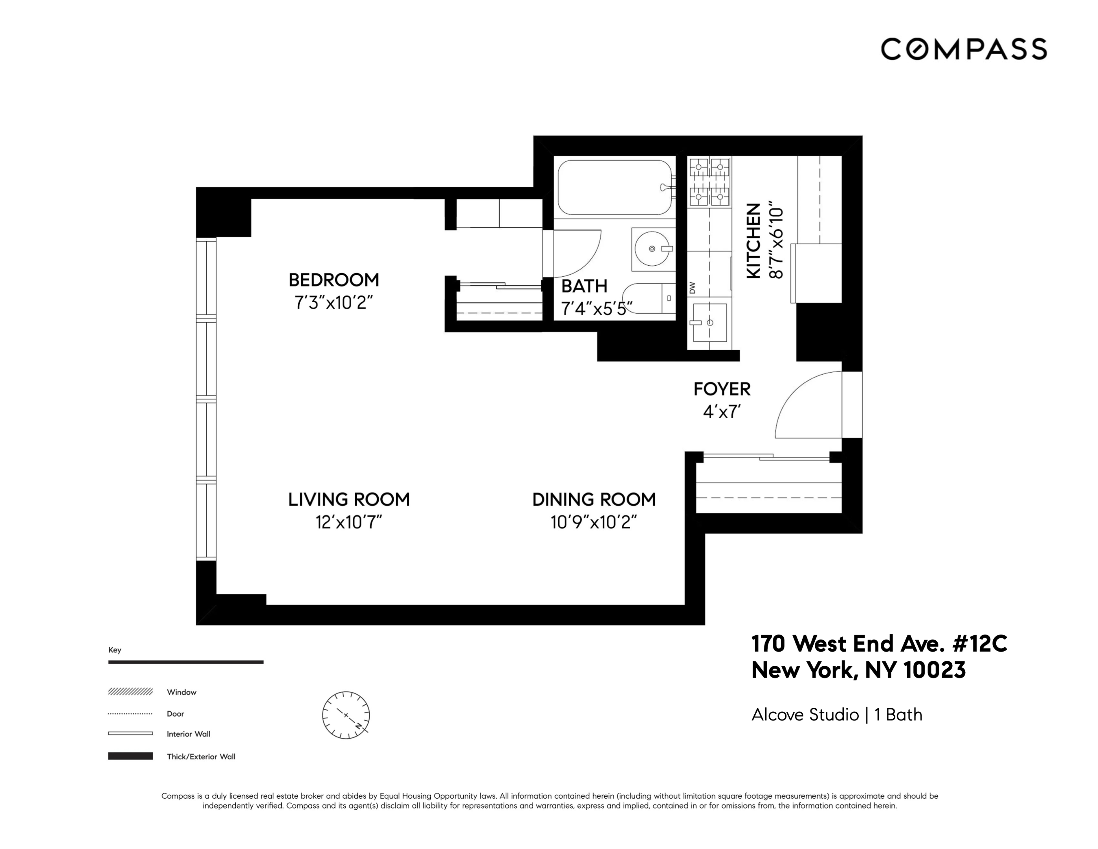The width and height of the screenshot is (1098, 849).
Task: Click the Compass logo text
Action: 963,49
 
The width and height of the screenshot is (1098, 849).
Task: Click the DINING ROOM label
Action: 594,500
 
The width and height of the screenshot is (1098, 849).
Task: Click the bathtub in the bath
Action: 614,187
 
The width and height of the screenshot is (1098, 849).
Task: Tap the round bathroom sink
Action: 652,248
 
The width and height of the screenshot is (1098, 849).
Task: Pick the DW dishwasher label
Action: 692,288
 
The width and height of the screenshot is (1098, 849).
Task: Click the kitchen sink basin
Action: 709,322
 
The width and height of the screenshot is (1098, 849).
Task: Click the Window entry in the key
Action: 181,692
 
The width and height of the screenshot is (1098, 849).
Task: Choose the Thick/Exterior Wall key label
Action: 201,757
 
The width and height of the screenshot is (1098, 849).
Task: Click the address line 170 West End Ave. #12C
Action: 879,644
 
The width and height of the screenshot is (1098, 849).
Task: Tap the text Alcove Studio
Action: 805,715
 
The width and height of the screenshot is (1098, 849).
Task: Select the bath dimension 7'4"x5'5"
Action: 596,308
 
